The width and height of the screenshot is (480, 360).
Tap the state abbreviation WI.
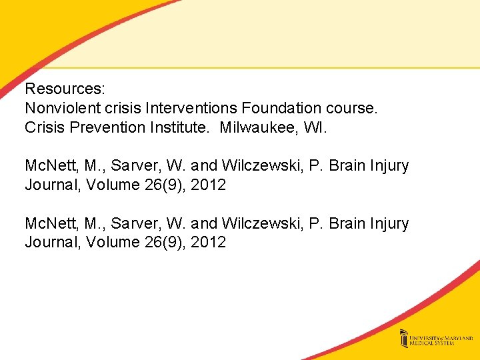tap(315, 127)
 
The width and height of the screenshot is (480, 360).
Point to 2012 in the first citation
tap(208, 185)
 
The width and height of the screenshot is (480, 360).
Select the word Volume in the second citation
tap(113, 243)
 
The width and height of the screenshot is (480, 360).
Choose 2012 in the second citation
tap(208, 243)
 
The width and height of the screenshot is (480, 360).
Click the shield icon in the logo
tap(404, 339)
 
